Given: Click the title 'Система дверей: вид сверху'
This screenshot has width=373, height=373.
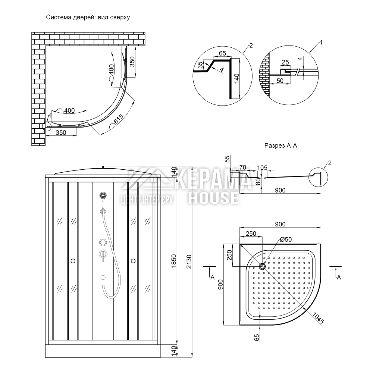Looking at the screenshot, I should pyautogui.click(x=88, y=18).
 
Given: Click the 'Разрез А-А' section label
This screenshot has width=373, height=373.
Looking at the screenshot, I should pyautogui.click(x=280, y=146).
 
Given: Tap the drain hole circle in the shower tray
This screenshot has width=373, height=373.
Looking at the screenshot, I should pyautogui.click(x=262, y=266).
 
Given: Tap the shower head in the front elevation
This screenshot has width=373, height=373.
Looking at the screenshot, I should pyautogui.click(x=103, y=195).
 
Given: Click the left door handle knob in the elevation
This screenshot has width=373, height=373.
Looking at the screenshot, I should pyautogui.click(x=73, y=261).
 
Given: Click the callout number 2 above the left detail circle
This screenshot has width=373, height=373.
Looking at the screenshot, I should pyautogui.click(x=251, y=46).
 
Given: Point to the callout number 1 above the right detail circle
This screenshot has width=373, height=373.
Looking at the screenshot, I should pyautogui.click(x=322, y=43).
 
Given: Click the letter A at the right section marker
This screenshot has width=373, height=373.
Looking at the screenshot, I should pyautogui.click(x=339, y=277).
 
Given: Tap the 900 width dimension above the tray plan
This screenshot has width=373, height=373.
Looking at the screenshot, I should pyautogui.click(x=280, y=224).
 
